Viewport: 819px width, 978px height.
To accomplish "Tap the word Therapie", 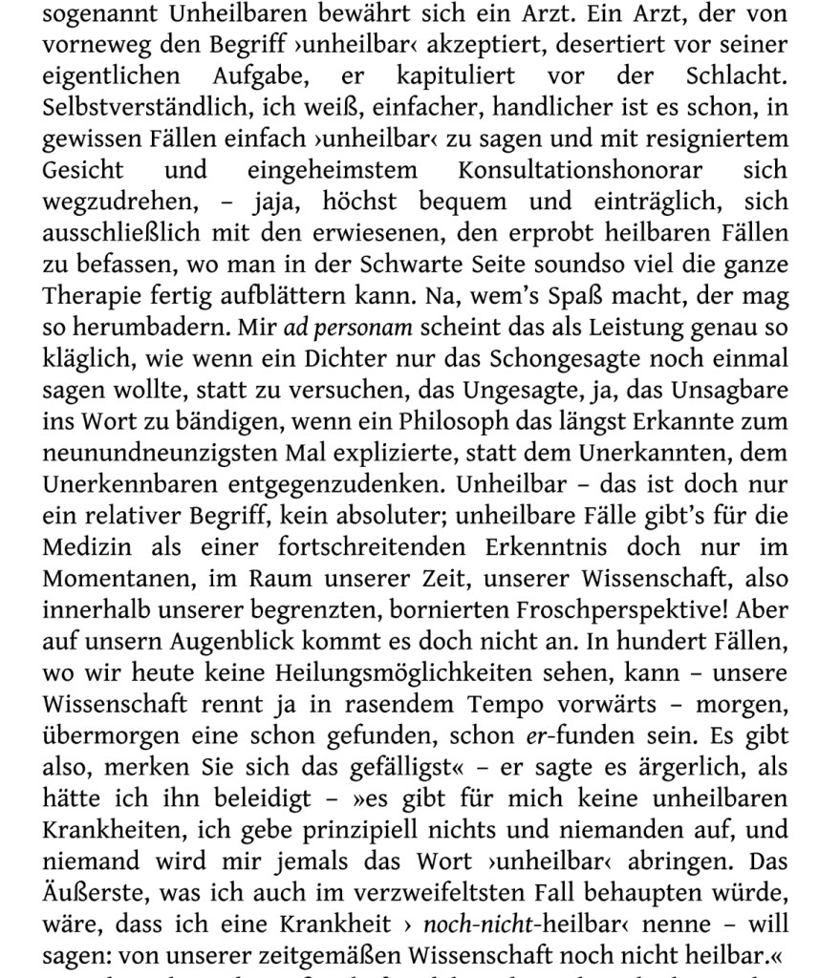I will pos(88,295).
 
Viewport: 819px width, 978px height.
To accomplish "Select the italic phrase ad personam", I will pos(349,327).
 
